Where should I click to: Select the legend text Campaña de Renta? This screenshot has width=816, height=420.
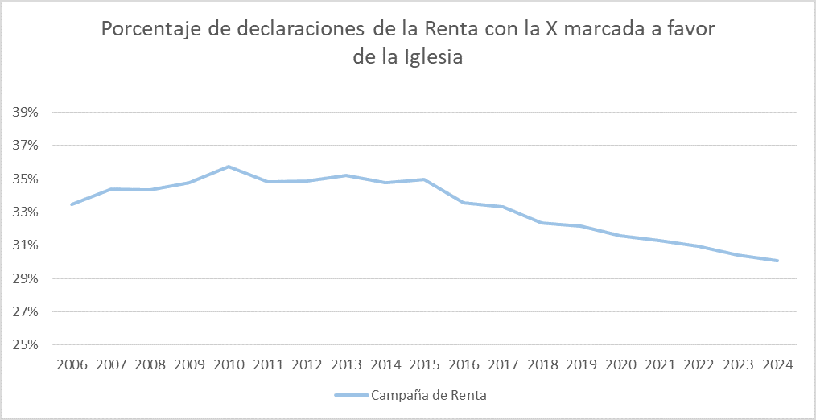click(428, 395)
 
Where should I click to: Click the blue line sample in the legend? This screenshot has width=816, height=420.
click(351, 395)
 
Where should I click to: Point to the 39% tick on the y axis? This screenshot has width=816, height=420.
click(25, 113)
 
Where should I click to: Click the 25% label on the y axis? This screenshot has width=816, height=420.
click(25, 345)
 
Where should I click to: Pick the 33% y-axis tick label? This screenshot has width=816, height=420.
click(25, 212)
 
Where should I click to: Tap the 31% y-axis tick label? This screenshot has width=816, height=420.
click(25, 245)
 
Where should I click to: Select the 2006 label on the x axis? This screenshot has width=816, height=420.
click(72, 364)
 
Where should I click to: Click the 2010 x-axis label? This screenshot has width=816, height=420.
click(229, 364)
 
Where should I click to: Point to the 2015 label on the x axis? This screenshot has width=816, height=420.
click(426, 364)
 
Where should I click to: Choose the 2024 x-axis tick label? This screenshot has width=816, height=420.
click(777, 364)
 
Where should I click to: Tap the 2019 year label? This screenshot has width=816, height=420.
click(581, 364)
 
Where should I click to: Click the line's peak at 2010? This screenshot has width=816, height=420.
click(229, 167)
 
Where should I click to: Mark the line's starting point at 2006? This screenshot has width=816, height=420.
click(72, 204)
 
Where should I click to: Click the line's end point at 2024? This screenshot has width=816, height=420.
click(777, 261)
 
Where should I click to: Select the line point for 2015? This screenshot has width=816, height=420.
click(424, 179)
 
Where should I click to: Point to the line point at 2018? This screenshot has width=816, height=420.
click(542, 223)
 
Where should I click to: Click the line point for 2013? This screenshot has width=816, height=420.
click(346, 175)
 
